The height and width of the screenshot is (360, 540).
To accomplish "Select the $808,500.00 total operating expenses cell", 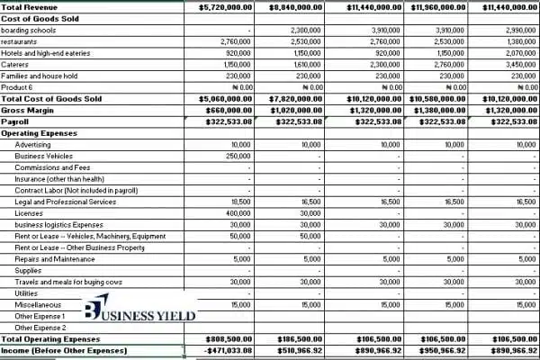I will pos(225,339).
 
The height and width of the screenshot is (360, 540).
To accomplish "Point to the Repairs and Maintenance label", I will pos(55,259).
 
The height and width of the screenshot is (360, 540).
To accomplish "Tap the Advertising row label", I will pos(32,144).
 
